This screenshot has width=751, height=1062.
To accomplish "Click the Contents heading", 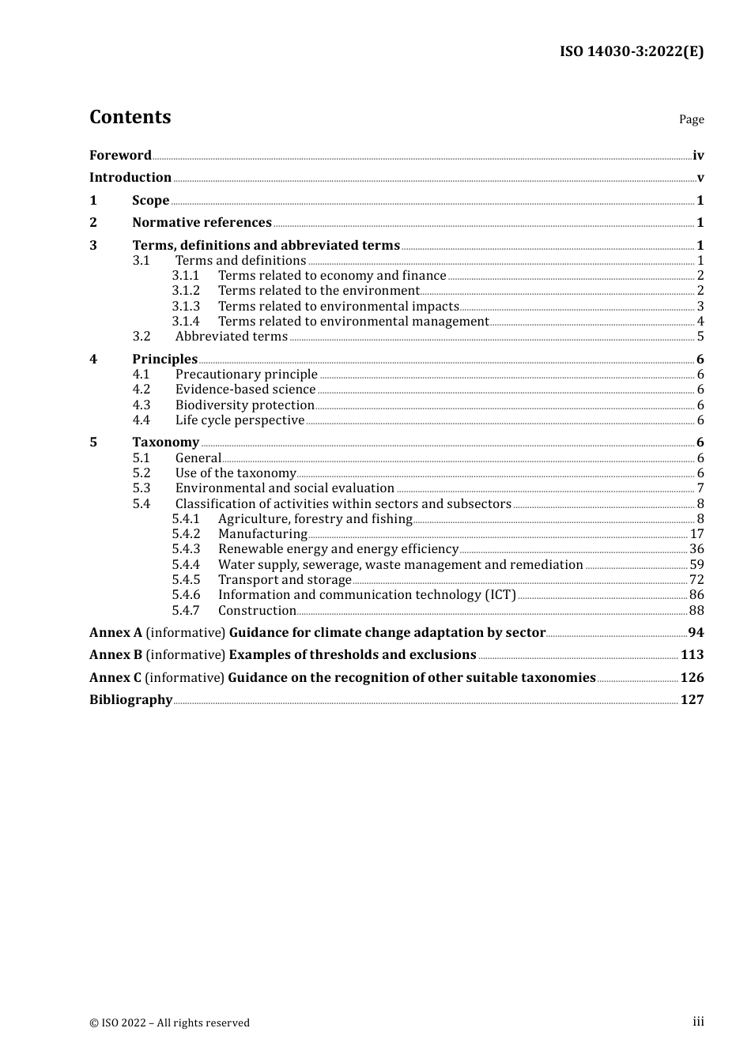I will [130, 117].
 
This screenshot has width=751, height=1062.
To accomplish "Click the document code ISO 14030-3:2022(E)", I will [631, 51].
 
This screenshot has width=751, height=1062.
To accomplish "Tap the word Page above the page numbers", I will [691, 119].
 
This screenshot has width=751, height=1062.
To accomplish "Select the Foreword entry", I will [120, 156].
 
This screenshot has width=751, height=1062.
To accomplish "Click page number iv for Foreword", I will [698, 156].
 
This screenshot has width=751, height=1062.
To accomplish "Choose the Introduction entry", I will [130, 178].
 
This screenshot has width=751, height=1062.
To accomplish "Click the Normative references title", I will [202, 223].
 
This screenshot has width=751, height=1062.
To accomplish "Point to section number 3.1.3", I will [186, 307].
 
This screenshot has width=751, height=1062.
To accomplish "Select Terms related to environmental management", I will [353, 322].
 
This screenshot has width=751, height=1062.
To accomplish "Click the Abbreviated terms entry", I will [231, 337].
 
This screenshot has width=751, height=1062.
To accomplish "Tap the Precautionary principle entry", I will [246, 375].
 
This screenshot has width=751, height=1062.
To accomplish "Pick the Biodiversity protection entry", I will [244, 405].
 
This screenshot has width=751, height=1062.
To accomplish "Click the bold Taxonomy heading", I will [165, 442].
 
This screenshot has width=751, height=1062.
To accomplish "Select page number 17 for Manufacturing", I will [696, 534].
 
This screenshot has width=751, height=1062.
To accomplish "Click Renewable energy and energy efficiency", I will [338, 549].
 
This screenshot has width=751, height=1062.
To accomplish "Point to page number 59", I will [696, 565].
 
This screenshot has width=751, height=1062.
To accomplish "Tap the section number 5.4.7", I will [186, 611].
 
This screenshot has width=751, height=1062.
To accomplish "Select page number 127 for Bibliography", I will [692, 700].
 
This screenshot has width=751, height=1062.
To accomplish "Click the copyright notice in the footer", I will [169, 1022].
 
